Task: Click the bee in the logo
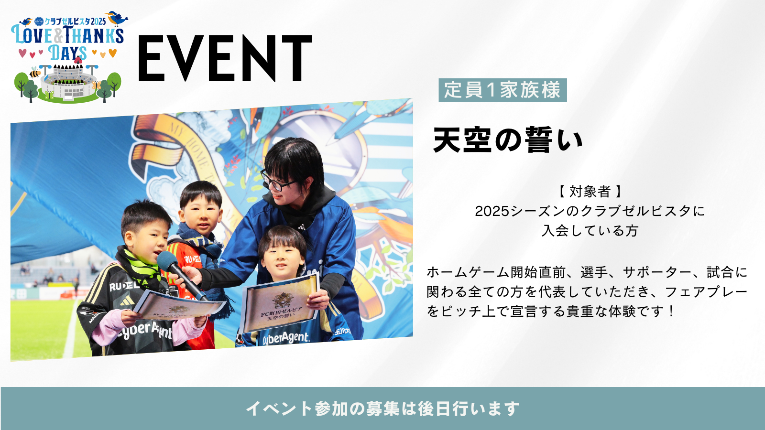35,73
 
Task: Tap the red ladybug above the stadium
78,60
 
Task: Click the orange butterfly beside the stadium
97,84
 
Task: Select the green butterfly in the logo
48,95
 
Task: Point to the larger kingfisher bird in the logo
117,18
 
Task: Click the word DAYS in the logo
67,53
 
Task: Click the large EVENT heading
225,58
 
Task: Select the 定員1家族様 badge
503,90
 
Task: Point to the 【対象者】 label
590,192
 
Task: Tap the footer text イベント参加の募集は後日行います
382,408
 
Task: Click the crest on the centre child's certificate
283,300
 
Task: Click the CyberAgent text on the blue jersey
286,338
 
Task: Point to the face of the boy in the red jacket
200,213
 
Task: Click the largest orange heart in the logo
112,53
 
